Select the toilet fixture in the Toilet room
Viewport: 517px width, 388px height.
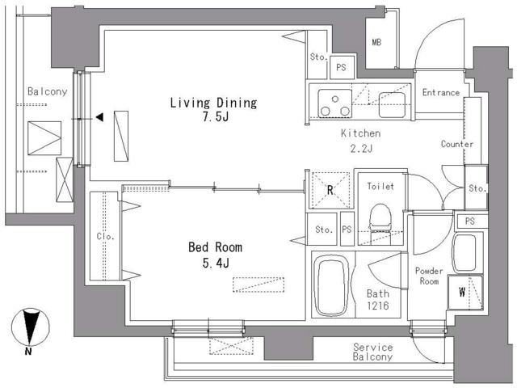380,224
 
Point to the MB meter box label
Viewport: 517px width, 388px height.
376,42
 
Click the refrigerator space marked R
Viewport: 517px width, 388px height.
330,190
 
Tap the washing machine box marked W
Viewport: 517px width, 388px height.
465,293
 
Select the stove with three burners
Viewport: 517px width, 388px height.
334,103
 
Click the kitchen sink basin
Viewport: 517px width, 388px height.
392,105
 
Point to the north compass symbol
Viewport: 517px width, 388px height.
31,331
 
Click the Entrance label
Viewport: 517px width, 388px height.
441,93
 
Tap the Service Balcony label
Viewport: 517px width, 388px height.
373,352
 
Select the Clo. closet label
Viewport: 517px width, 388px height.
106,237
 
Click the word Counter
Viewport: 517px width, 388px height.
457,144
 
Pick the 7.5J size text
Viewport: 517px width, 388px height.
216,117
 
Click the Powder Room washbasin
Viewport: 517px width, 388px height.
464,253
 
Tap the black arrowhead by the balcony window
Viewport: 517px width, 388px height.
99,117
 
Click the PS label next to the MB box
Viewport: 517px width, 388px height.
341,68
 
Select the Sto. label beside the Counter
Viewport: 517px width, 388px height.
477,188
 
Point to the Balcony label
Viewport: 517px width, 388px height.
48,91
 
